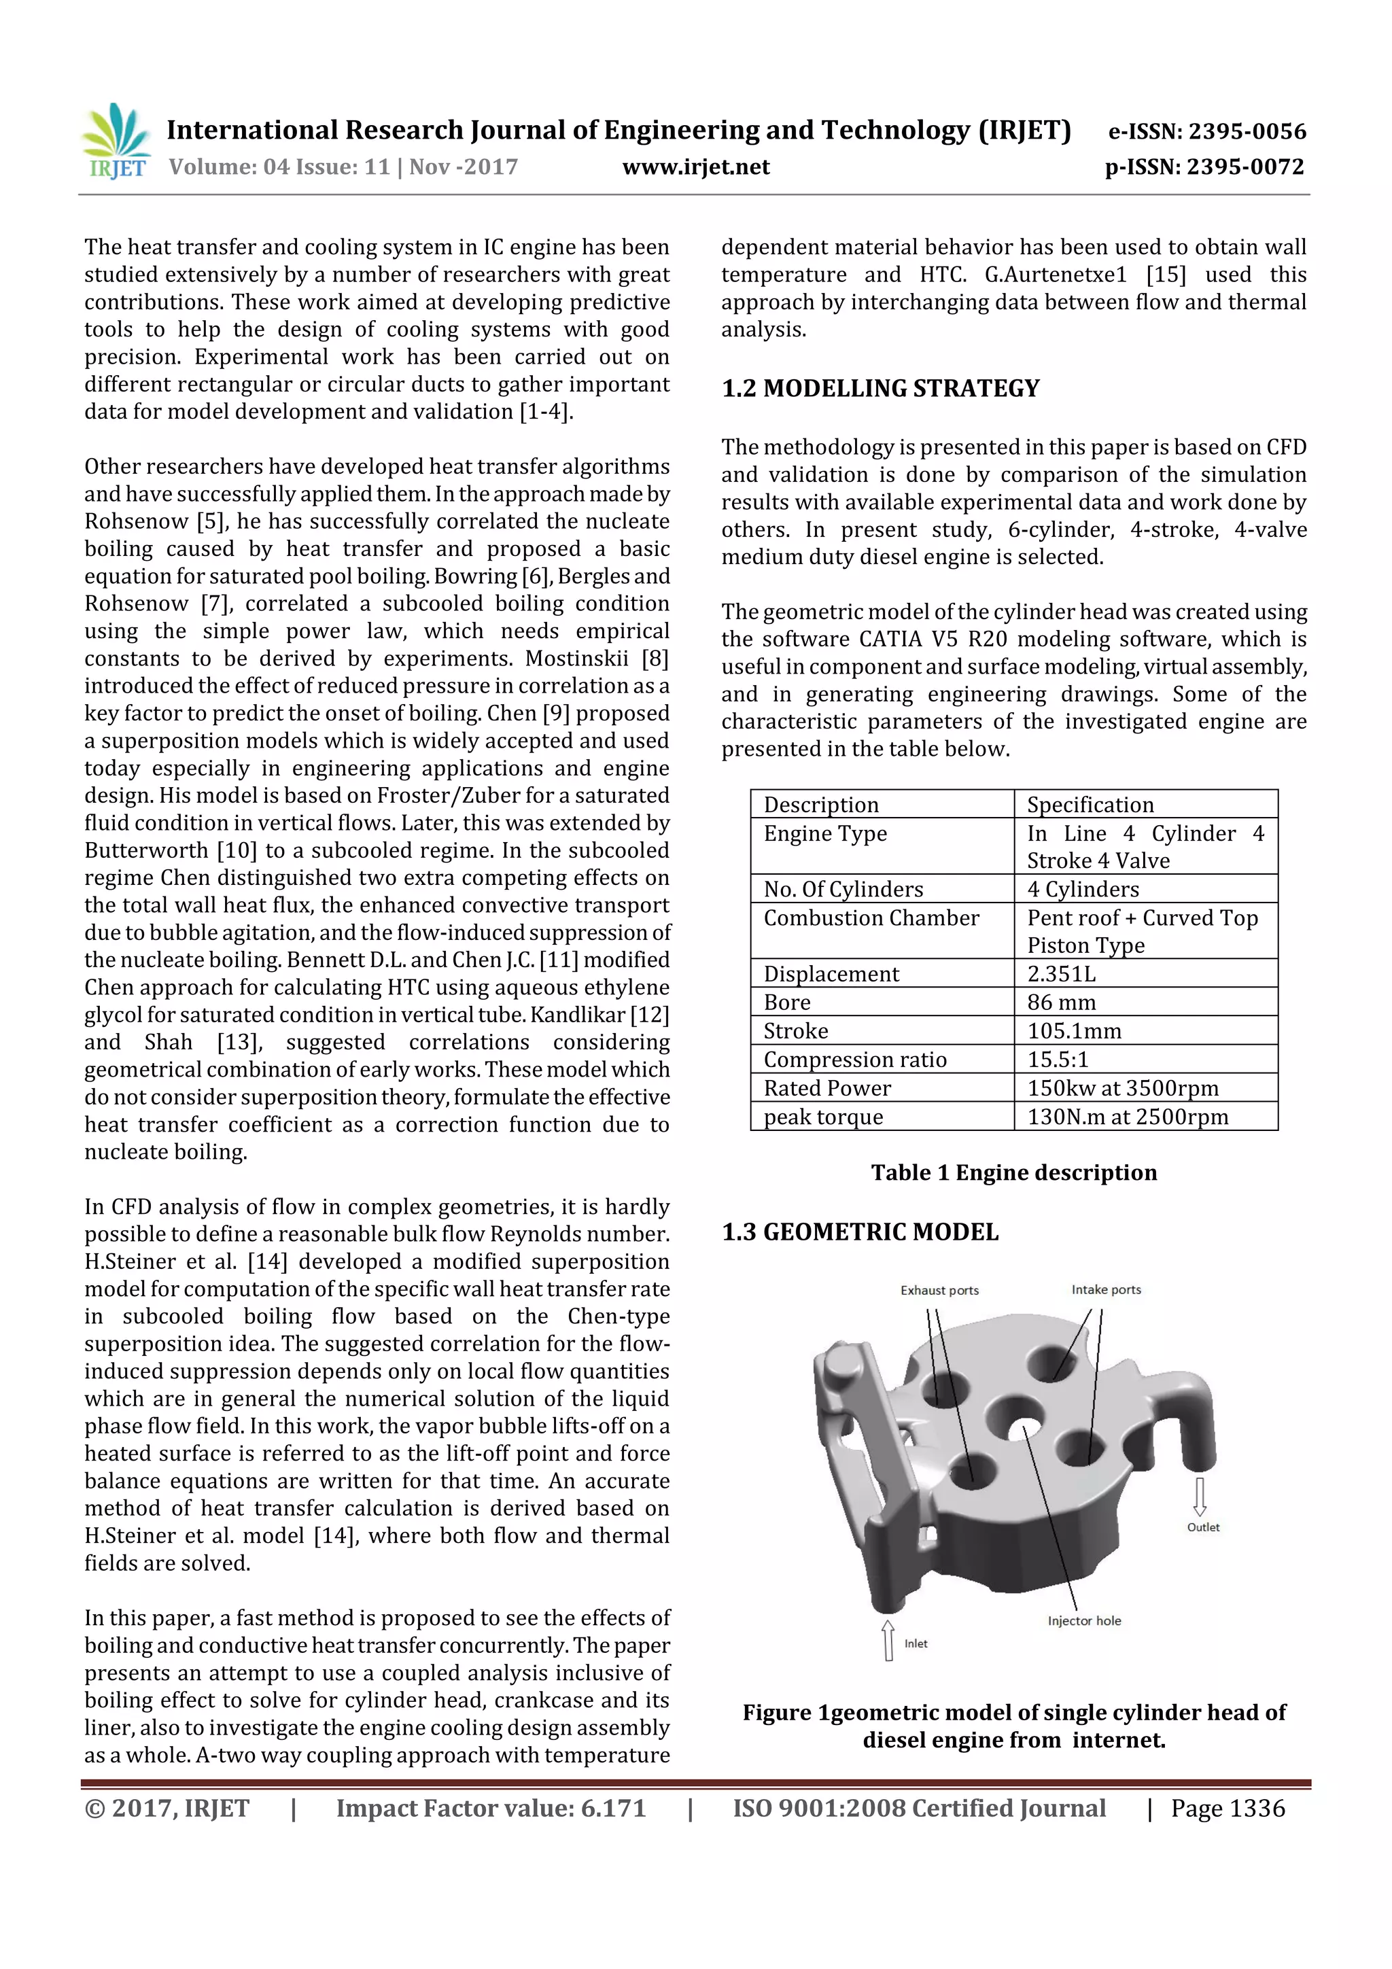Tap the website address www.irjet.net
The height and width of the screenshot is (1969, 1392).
(695, 167)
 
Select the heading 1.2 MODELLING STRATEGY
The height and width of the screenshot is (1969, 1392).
(880, 389)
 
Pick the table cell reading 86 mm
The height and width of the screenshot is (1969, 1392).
(1061, 1002)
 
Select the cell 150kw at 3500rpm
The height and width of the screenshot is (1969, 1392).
(1122, 1087)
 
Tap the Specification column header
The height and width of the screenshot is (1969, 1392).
(1090, 805)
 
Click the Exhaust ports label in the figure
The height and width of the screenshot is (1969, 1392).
(939, 1290)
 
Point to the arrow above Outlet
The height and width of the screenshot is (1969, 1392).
(1200, 1496)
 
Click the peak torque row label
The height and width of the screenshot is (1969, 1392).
(822, 1117)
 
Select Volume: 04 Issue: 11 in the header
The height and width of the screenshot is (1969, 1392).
(279, 167)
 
